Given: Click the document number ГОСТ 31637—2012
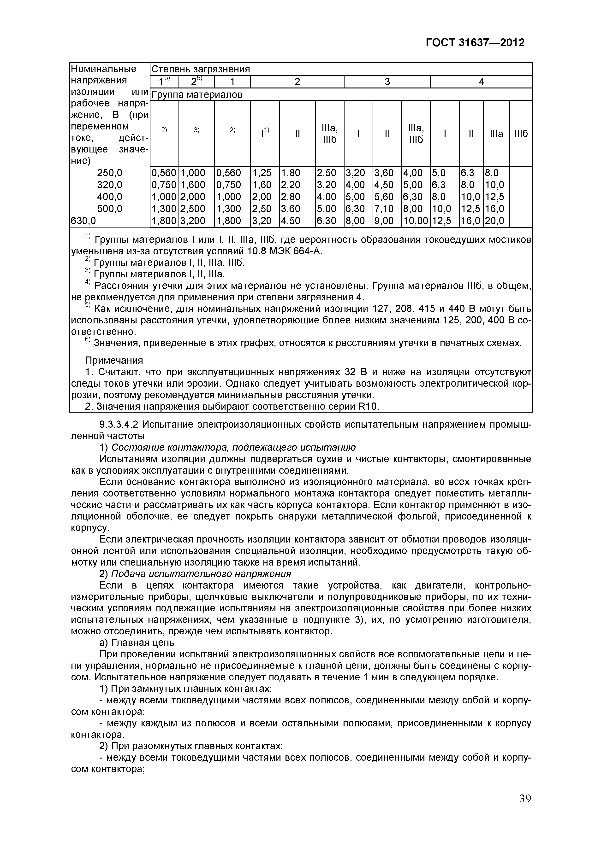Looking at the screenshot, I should click(475, 43).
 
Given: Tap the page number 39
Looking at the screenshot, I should click(525, 799).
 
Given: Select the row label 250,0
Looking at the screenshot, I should click(110, 173).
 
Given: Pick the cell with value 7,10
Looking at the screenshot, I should click(384, 209).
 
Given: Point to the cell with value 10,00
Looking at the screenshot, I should click(415, 221).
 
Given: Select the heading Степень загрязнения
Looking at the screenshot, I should click(201, 69).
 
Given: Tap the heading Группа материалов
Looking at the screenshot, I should click(197, 95).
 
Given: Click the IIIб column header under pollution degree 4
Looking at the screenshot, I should click(521, 134).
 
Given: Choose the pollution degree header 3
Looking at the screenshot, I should click(387, 82).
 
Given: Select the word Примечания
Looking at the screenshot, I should click(114, 360).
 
